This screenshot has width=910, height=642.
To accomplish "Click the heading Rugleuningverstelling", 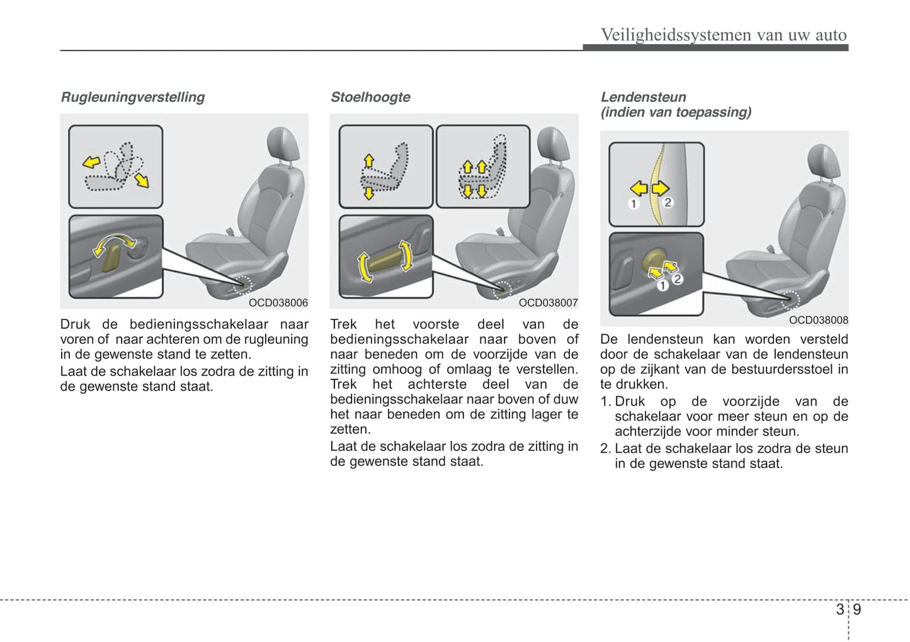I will pyautogui.click(x=132, y=97).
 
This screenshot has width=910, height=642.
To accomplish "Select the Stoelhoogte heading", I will pyautogui.click(x=370, y=97).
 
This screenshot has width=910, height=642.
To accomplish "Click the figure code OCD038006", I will pyautogui.click(x=278, y=303).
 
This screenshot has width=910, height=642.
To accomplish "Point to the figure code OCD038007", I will pyautogui.click(x=548, y=303).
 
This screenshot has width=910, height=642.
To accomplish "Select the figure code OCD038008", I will pyautogui.click(x=818, y=320).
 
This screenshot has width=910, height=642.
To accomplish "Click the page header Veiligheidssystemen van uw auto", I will pyautogui.click(x=724, y=35).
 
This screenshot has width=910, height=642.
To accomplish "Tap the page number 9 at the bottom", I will pyautogui.click(x=857, y=610).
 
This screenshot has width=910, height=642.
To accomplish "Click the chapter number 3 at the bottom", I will pyautogui.click(x=840, y=610).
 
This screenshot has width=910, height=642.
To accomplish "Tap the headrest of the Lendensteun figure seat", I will pyautogui.click(x=823, y=161).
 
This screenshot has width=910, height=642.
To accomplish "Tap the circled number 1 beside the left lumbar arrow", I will pyautogui.click(x=634, y=203).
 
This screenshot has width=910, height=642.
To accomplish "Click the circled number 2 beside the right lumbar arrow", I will pyautogui.click(x=668, y=202).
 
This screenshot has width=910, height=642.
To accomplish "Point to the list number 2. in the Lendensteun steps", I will pyautogui.click(x=606, y=449).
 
